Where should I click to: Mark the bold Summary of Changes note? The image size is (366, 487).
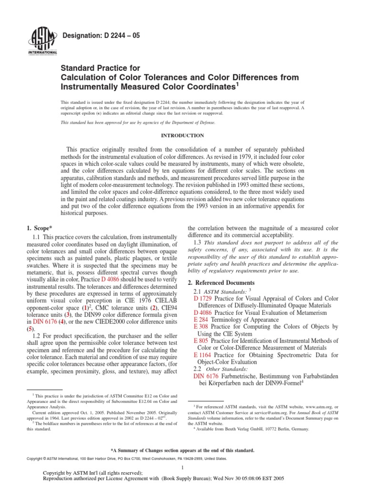(183, 450)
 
